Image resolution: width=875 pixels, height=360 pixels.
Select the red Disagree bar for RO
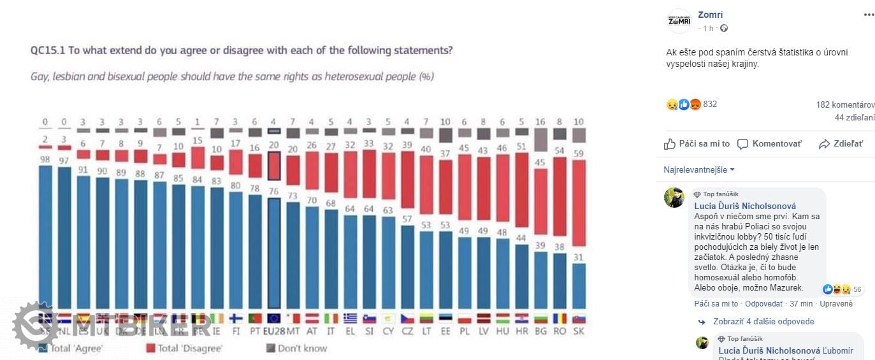tap(560, 196)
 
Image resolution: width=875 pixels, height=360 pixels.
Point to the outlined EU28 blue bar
tap(274, 253)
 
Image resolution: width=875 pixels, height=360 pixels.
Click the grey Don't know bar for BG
tap(541, 140)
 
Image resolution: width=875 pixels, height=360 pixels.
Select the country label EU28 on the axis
tap(274, 332)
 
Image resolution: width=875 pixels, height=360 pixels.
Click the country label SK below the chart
tap(578, 332)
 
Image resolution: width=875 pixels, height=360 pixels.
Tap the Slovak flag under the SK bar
tap(578, 319)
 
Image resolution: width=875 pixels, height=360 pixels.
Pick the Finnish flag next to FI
tap(236, 319)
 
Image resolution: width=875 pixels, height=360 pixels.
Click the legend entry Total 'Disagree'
tap(184, 349)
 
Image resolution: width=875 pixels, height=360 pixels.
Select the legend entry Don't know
tap(297, 349)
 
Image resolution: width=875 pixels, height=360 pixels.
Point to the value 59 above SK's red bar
tap(578, 153)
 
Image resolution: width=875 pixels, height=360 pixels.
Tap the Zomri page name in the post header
tap(710, 15)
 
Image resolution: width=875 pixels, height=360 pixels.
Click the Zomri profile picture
tap(679, 20)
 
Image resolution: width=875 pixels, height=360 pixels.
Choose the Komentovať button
tap(769, 144)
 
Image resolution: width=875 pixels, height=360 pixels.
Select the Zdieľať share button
tap(841, 144)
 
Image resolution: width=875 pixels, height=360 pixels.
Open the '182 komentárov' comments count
tap(845, 104)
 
